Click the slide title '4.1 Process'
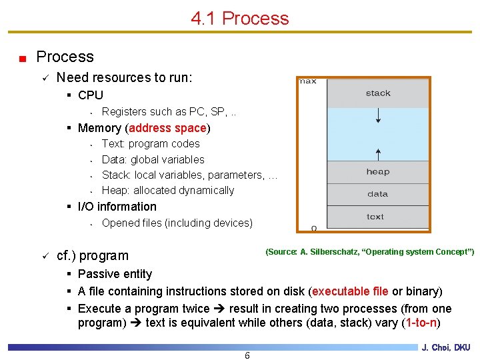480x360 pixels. (240, 18)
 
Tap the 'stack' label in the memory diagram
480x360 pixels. (378, 93)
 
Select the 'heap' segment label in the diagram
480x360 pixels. (377, 172)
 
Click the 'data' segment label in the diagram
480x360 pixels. (377, 194)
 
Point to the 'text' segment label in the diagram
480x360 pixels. (375, 216)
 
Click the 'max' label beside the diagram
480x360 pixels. (307, 81)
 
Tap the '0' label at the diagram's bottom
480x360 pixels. (314, 229)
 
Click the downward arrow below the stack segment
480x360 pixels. (378, 116)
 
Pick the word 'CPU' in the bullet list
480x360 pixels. (91, 95)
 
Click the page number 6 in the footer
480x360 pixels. (247, 355)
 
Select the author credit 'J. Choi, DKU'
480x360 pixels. (445, 347)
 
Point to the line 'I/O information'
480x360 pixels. (117, 207)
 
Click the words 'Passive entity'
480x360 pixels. (115, 274)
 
